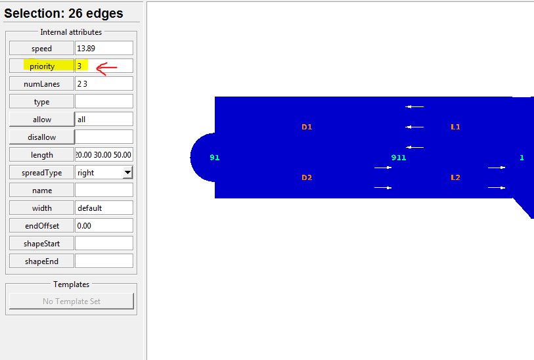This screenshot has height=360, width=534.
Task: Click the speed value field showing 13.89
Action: click(x=104, y=48)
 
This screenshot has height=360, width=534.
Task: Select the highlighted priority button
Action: click(x=41, y=66)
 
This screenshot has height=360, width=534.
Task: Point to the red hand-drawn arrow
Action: click(x=106, y=68)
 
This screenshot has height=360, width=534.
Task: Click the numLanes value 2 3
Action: click(x=104, y=83)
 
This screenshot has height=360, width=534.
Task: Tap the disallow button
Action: click(x=41, y=137)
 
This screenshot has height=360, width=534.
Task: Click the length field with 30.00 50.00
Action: click(x=104, y=154)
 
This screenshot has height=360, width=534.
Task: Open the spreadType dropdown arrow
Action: click(x=127, y=172)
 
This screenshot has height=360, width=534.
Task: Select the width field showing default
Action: click(x=104, y=208)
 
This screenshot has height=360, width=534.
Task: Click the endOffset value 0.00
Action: click(x=104, y=225)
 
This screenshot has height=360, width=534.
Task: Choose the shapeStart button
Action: click(x=41, y=243)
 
